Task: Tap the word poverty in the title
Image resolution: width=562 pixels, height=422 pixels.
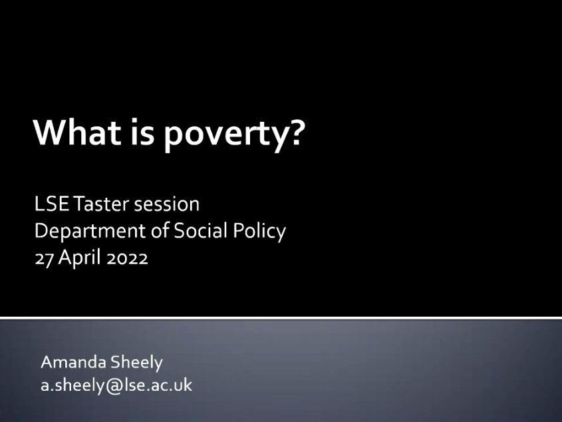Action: coord(221,135)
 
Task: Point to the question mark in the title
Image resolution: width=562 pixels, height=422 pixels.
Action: coord(296,132)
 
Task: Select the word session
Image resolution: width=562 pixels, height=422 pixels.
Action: coord(167,204)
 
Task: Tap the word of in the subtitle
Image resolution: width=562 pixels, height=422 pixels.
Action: coord(160,230)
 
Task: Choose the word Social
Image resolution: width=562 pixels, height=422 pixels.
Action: coord(201,230)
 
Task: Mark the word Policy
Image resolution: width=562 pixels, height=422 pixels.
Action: coord(259,232)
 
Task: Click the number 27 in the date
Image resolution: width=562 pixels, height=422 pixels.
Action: coord(44,258)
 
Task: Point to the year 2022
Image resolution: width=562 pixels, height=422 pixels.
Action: coord(127,258)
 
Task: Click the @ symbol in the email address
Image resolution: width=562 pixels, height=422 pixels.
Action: coord(113,386)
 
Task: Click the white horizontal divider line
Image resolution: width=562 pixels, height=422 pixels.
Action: coord(281,318)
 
